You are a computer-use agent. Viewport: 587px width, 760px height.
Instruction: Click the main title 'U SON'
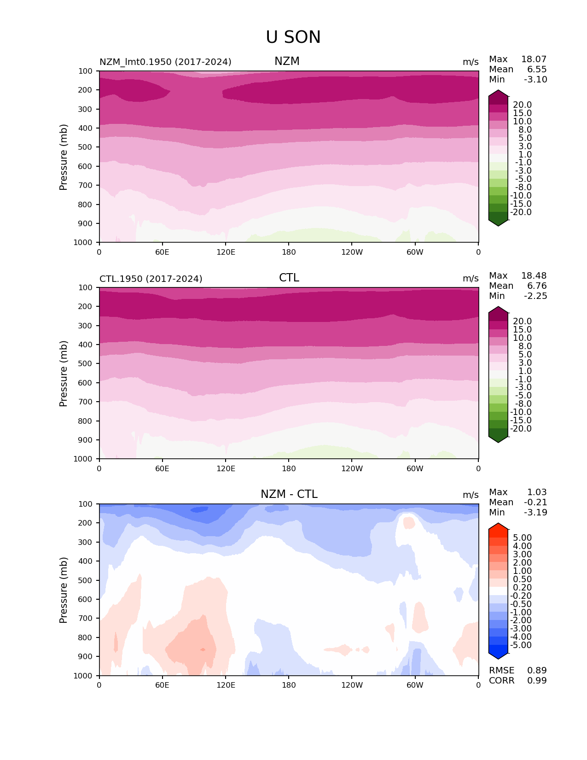pos(293,37)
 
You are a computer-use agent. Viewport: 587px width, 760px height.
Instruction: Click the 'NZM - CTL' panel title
pos(289,494)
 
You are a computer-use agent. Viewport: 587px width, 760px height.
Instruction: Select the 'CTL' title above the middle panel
pos(289,278)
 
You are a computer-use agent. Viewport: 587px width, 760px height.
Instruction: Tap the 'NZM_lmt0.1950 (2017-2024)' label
pos(165,62)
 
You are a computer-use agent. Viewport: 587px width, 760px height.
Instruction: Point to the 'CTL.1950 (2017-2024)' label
pos(151,279)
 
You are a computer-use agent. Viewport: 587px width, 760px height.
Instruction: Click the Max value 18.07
pos(534,59)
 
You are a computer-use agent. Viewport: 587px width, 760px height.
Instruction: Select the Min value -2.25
pos(535,296)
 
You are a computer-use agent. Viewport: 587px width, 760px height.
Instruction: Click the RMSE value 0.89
pos(537,670)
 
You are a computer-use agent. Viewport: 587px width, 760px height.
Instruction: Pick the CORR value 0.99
pos(537,680)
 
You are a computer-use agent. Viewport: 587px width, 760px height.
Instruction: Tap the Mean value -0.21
pos(535,502)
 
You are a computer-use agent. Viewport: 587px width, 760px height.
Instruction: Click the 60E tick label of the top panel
pos(162,252)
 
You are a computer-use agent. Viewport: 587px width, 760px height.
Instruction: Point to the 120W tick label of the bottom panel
pos(352,685)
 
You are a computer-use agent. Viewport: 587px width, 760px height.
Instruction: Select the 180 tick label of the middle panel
pos(289,468)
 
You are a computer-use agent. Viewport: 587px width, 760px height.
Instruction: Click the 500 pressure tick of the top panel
pos(86,147)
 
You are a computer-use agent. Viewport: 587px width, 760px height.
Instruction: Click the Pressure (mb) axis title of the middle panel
pos(64,373)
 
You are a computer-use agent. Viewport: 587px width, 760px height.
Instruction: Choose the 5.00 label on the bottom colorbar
pos(522,538)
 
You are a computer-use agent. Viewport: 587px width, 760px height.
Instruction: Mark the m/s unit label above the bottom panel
pos(471,495)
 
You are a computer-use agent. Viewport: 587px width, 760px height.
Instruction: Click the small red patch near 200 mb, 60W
pos(408,523)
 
